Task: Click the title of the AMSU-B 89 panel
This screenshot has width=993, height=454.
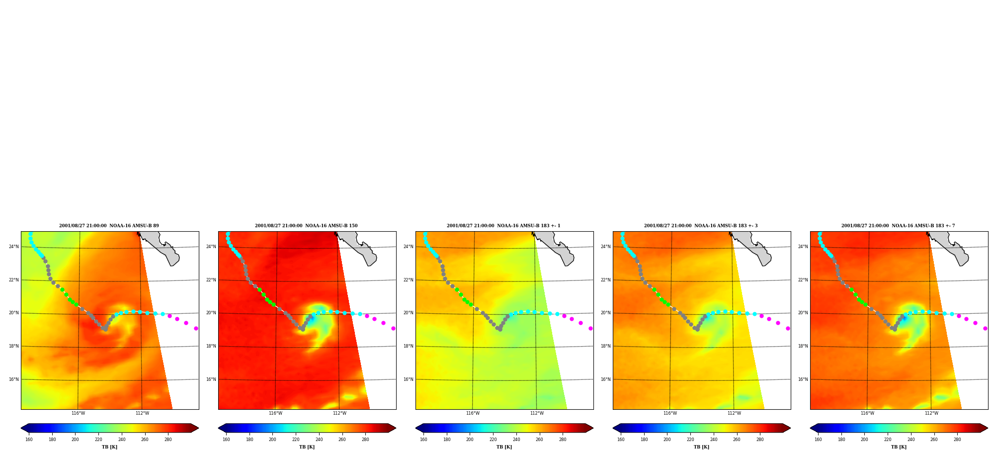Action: [109, 226]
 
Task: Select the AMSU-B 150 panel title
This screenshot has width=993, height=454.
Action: [306, 226]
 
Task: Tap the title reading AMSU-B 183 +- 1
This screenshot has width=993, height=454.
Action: [503, 226]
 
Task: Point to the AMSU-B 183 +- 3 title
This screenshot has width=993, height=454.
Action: [701, 226]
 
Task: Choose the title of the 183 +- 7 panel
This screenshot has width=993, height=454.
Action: [898, 226]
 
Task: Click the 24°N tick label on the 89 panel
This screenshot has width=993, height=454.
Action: [14, 247]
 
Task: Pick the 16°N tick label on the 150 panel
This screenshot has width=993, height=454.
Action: [211, 379]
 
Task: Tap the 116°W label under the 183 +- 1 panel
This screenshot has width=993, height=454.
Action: [473, 413]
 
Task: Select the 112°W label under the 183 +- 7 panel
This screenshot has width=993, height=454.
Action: [931, 413]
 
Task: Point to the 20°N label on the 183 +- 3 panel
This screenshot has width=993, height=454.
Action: [606, 313]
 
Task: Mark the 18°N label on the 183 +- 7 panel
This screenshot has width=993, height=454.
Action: [803, 346]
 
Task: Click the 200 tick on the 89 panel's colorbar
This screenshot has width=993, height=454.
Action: [75, 440]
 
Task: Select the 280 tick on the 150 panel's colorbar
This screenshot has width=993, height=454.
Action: [365, 440]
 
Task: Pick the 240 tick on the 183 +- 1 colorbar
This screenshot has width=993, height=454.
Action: [516, 440]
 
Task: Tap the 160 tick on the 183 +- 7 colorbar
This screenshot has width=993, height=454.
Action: [818, 440]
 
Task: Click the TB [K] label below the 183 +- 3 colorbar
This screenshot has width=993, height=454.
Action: [701, 447]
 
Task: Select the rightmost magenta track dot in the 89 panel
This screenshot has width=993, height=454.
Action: [196, 328]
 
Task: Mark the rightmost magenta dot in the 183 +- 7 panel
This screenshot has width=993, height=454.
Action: [985, 328]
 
